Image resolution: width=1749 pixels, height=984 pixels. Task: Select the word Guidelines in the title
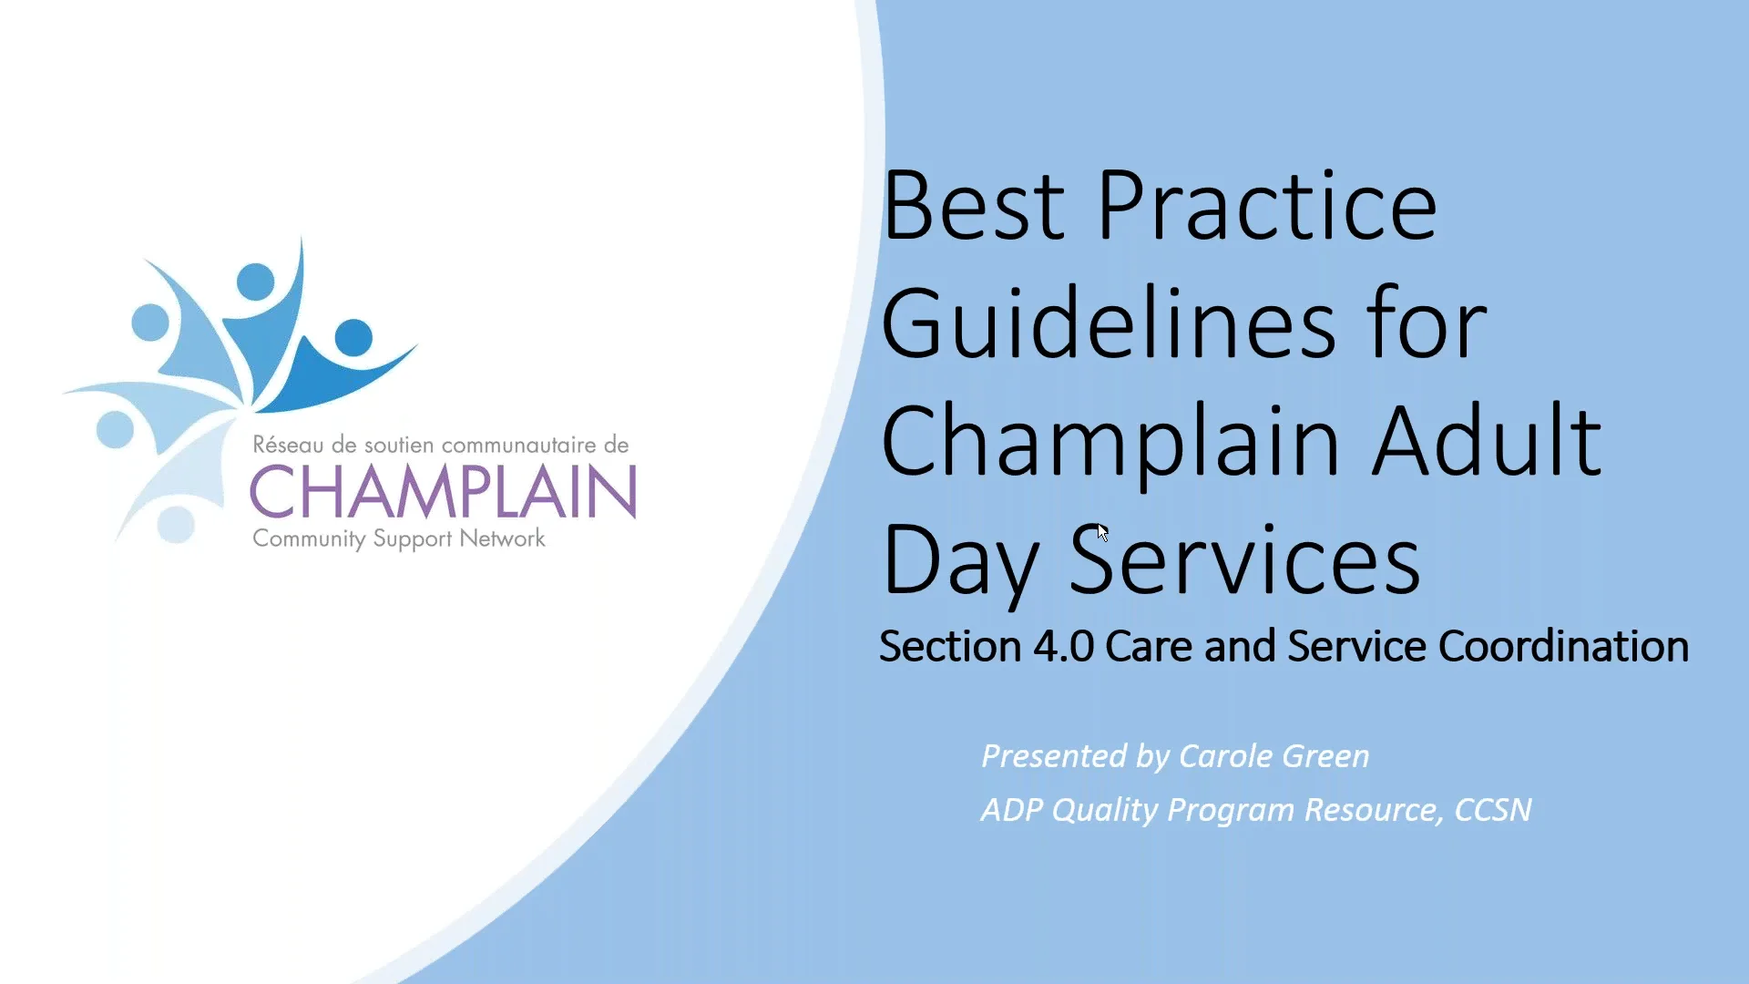tap(1108, 323)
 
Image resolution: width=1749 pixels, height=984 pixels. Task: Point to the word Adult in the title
tap(1487, 442)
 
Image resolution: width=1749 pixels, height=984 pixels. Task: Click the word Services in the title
tap(1244, 560)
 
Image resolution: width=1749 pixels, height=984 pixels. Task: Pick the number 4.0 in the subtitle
tap(1063, 646)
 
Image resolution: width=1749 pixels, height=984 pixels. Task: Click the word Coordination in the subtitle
tap(1563, 646)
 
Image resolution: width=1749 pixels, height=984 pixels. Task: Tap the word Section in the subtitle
tap(949, 646)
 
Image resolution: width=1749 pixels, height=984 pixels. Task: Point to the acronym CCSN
tap(1493, 810)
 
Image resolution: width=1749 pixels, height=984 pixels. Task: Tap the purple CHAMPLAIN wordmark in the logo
tap(443, 492)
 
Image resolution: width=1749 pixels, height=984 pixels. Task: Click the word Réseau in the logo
tap(288, 445)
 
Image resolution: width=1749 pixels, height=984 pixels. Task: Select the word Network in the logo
tap(502, 538)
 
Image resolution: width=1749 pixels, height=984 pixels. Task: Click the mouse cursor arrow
tap(1102, 532)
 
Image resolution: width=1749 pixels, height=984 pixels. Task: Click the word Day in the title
tap(960, 560)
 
